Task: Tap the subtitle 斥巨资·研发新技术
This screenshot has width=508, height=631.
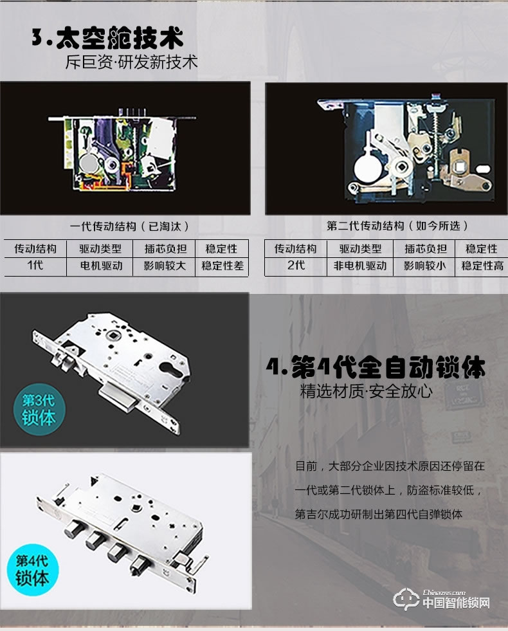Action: pos(131,62)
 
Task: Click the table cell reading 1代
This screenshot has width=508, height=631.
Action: pos(35,265)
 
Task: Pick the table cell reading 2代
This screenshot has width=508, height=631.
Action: pos(296,265)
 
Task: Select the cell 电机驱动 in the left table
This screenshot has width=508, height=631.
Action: pos(100,266)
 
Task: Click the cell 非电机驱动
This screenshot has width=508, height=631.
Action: pos(360,266)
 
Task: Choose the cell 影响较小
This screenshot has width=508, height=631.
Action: pos(424,266)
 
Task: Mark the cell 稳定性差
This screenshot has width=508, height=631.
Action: pos(222,266)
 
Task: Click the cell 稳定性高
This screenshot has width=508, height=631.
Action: pos(482,266)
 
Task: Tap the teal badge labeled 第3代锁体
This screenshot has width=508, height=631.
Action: pos(39,408)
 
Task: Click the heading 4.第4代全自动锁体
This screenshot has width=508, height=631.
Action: pos(376,367)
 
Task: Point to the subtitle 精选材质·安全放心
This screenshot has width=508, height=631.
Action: pos(367,391)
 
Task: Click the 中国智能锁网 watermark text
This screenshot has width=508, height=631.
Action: pos(456,603)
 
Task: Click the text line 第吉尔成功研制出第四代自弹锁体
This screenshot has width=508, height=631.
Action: pos(379,514)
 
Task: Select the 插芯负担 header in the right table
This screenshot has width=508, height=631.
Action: pos(424,249)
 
